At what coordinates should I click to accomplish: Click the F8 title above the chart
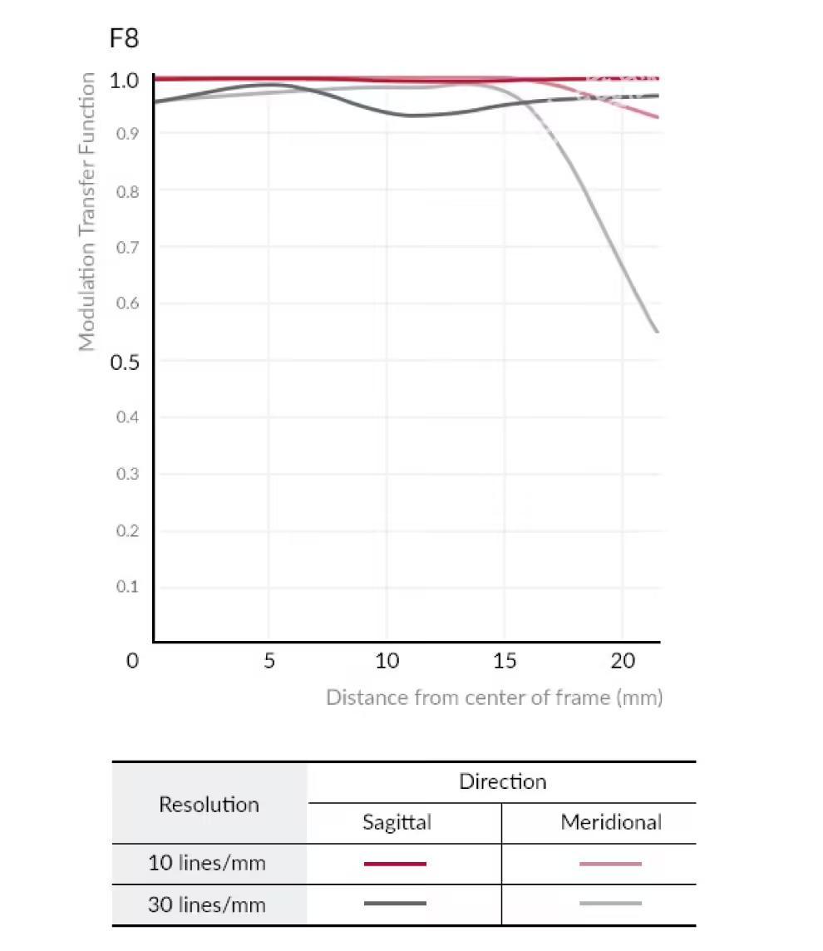click(124, 38)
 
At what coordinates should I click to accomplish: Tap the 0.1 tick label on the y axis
click(127, 587)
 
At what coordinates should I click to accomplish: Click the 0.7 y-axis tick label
click(127, 248)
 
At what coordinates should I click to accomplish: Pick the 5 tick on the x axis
click(269, 662)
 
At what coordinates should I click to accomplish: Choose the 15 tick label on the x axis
click(505, 662)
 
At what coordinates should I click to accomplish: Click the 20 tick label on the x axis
click(623, 662)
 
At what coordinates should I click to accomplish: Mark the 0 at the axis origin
click(132, 662)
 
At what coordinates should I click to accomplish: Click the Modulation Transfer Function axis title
click(87, 212)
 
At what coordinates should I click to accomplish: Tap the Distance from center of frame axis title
click(494, 697)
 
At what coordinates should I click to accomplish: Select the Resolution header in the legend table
click(209, 805)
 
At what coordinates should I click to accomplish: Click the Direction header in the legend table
click(502, 782)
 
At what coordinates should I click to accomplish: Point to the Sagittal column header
click(397, 823)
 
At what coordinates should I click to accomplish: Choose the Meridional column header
click(611, 823)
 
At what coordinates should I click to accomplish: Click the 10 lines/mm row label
click(207, 863)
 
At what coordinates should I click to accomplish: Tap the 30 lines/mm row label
click(207, 904)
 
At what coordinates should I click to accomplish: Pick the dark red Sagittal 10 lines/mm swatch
click(395, 864)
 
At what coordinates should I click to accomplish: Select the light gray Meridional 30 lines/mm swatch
click(610, 904)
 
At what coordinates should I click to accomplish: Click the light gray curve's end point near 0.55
click(658, 332)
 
